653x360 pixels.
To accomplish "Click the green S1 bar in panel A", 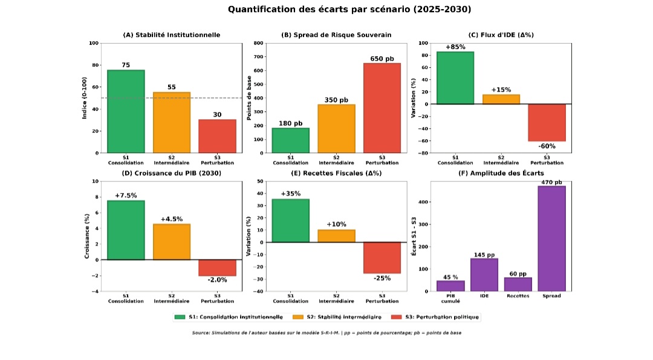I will (x=126, y=111).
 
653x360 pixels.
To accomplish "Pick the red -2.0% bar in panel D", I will (x=217, y=267).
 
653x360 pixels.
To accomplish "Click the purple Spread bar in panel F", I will (x=551, y=238).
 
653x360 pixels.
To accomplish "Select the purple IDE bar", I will (x=484, y=275).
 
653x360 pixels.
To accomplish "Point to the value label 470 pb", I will (x=551, y=182).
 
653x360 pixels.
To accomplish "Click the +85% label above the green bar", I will (x=455, y=47).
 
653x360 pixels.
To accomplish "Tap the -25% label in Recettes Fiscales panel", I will (x=382, y=278).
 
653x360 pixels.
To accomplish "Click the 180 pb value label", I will (x=290, y=123).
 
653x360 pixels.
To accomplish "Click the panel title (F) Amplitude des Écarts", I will (x=501, y=173).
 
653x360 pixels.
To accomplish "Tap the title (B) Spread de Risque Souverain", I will (x=336, y=35).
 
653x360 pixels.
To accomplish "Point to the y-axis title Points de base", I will (x=249, y=98).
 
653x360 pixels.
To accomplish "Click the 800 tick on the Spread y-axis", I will (x=259, y=43).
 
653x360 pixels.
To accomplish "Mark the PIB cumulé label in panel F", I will (x=450, y=298).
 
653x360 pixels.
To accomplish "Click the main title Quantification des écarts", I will (x=349, y=10).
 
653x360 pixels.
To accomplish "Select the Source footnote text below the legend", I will (x=326, y=333).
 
